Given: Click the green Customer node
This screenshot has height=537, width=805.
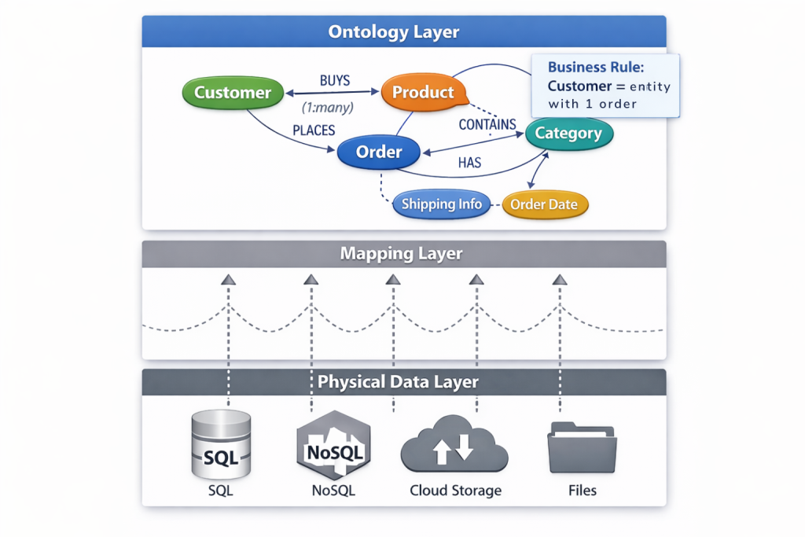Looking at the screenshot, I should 232,93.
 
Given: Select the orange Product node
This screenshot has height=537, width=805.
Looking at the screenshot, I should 423,92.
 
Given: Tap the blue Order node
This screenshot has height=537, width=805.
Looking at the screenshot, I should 380,153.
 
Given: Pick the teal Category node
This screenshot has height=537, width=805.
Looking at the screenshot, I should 568,134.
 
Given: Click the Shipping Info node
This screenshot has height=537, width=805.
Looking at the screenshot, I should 441,204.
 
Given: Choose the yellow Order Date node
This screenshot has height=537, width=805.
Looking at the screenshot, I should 544,204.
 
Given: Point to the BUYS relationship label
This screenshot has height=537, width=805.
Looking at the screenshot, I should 335,80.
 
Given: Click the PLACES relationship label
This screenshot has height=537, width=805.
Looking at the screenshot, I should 314,130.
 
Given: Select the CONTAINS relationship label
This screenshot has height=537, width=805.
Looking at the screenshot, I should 487,124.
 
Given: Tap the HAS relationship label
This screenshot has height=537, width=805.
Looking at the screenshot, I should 469,163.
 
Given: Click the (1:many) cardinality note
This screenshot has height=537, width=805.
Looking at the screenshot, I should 328,107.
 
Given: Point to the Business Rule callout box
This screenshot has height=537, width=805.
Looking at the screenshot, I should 605,86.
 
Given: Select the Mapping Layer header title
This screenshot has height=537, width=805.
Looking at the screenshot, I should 401,254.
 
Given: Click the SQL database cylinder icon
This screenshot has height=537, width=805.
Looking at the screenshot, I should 222,444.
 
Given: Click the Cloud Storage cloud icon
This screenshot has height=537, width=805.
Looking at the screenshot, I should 454,447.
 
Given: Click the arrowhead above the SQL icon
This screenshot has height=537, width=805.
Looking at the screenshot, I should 228,279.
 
